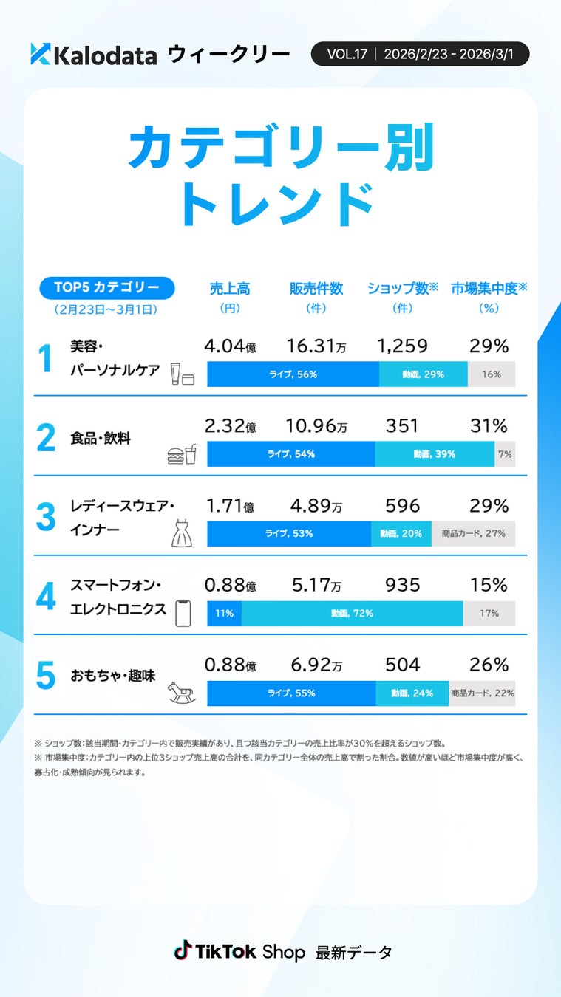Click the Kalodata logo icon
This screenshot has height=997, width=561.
(x=40, y=54)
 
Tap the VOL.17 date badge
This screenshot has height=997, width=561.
(x=420, y=54)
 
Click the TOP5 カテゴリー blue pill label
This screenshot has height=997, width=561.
(x=106, y=287)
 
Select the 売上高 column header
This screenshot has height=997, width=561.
(x=230, y=289)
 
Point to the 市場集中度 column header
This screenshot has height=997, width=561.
(x=489, y=289)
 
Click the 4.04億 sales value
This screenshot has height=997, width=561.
(x=230, y=346)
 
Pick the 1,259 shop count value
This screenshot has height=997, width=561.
(x=402, y=346)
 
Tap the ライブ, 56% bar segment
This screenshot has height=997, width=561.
(x=293, y=374)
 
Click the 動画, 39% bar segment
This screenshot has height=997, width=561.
(x=434, y=454)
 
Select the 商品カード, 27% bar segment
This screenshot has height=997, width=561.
(x=473, y=533)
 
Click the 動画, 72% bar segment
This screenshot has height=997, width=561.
(x=352, y=613)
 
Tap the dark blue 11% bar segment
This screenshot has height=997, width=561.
(x=224, y=613)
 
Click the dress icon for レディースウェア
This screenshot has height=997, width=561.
(x=182, y=532)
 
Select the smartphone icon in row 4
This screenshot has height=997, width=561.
(x=183, y=612)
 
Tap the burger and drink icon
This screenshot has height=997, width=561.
(x=182, y=453)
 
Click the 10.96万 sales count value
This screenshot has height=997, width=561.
(x=316, y=425)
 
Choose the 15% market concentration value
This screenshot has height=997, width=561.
(x=489, y=585)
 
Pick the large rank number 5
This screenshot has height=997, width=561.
(x=46, y=676)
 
